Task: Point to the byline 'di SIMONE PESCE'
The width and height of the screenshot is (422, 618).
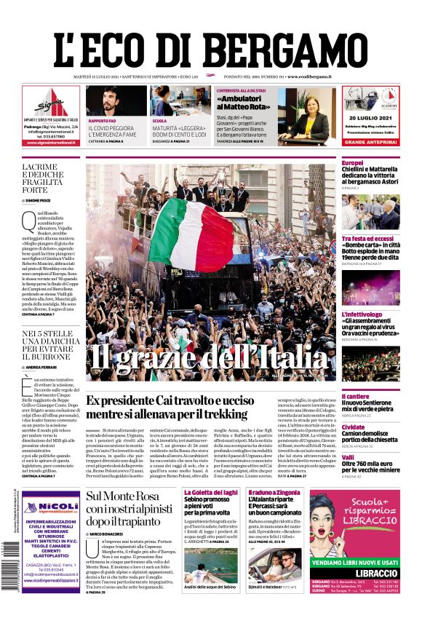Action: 44,199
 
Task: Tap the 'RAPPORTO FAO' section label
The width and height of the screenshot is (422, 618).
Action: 103,120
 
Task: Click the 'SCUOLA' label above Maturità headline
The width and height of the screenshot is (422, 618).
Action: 159,120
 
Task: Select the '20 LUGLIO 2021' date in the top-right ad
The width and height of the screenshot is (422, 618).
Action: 370,117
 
